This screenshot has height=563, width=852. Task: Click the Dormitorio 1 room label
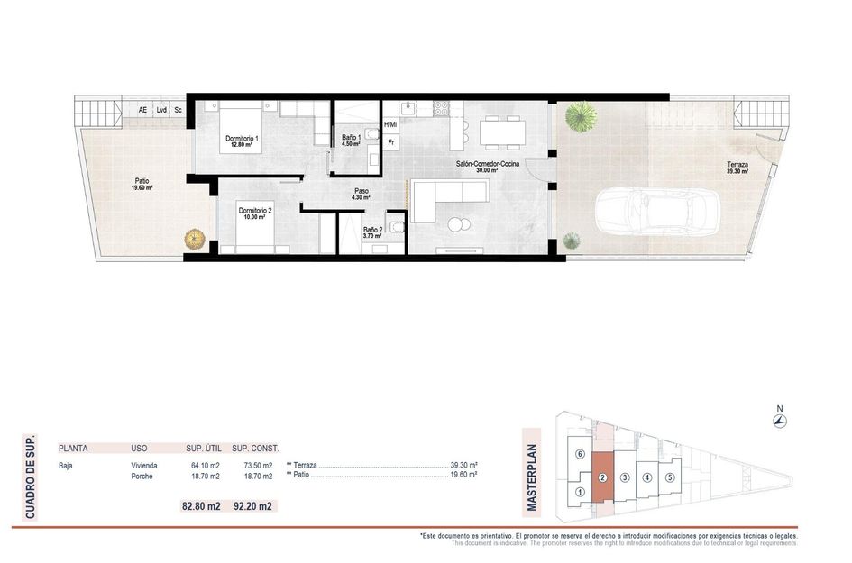coord(242,141)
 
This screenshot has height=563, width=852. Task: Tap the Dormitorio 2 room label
coord(255,213)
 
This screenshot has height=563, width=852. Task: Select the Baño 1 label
coord(351,141)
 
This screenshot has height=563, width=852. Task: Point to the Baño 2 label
coord(372,233)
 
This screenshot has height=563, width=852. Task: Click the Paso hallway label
coord(362,194)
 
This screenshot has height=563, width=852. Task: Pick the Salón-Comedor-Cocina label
coord(488,167)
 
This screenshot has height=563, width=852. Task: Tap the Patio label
coord(142,185)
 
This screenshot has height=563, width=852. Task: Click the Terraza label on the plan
coord(737,168)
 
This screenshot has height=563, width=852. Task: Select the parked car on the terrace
coord(657,212)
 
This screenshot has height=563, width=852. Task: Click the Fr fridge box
coord(390,143)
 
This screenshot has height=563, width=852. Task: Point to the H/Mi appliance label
coord(390,125)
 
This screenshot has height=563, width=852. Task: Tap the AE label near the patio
coord(142,110)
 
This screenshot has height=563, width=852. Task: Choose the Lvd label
coord(161,110)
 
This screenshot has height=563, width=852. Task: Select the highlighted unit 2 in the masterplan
coord(602,477)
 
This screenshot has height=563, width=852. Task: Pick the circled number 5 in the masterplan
coord(670,477)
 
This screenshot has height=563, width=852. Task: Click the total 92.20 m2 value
coord(252,506)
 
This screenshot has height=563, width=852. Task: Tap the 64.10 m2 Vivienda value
coord(206,466)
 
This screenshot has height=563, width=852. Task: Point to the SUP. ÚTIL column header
coord(204,449)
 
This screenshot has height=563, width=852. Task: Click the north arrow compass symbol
coord(780,420)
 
